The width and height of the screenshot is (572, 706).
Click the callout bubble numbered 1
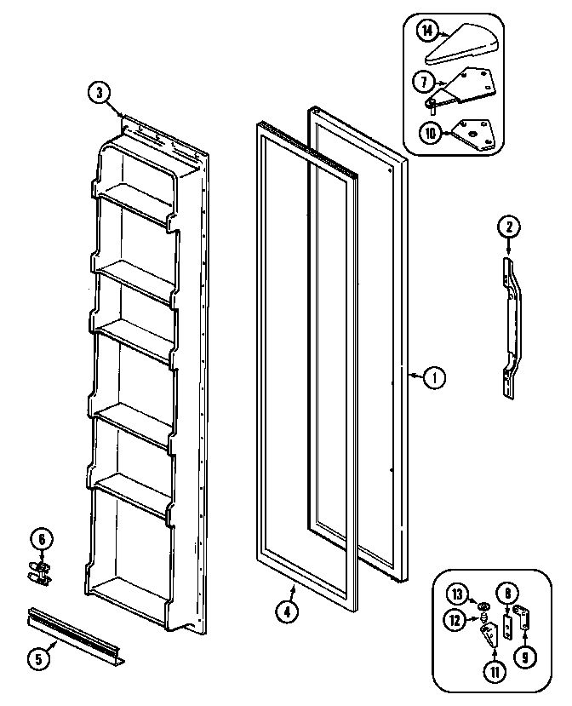click(x=434, y=376)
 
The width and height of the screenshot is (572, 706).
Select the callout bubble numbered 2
click(x=508, y=227)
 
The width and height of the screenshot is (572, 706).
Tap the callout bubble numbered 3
click(x=100, y=94)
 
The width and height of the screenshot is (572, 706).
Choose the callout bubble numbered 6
click(x=39, y=538)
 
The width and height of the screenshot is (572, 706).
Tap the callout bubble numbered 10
click(x=430, y=132)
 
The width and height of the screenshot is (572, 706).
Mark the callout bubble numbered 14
click(x=428, y=32)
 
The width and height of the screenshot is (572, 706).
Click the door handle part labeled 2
click(x=513, y=324)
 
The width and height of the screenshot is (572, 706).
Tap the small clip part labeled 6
click(x=39, y=571)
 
